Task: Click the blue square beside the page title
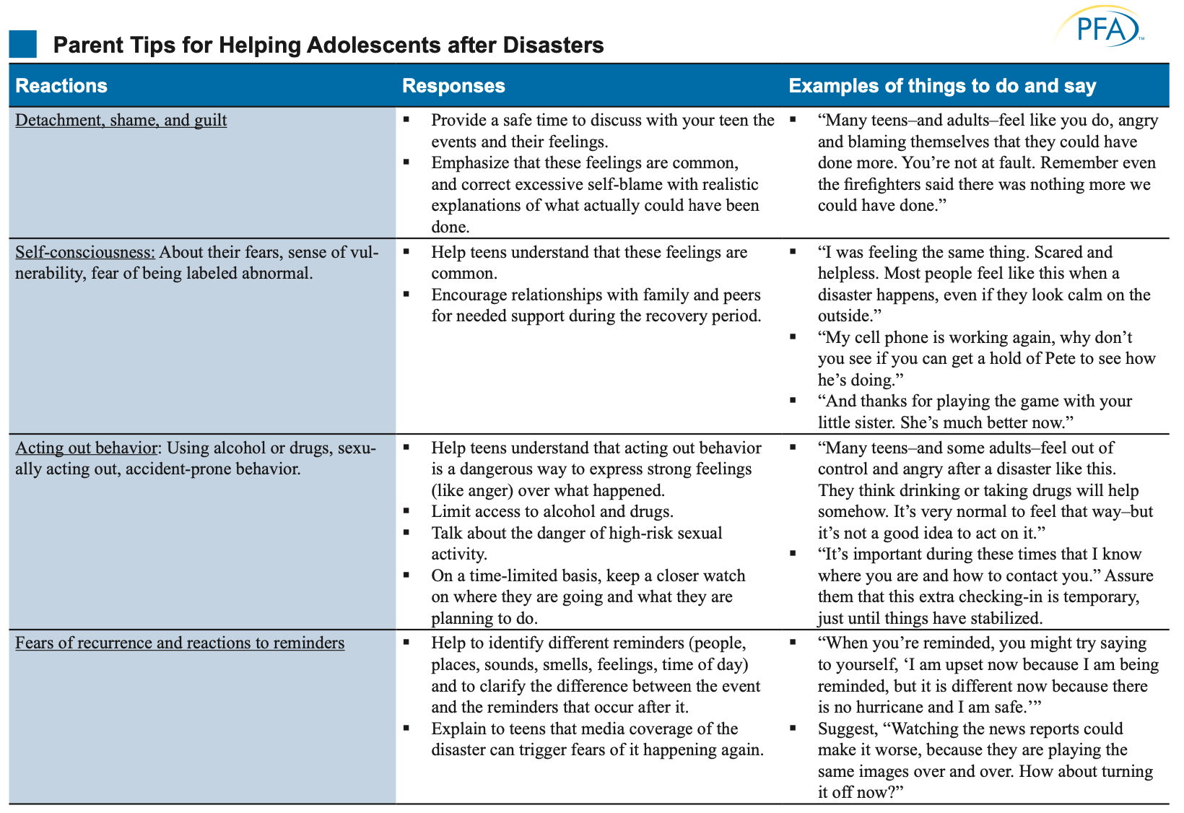coord(22,45)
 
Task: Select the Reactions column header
coord(61,86)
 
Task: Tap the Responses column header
coord(453,86)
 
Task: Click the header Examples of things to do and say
coord(942,86)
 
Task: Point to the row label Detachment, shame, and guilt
coord(121,120)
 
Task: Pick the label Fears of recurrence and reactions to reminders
coord(180,643)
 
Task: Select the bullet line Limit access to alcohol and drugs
coord(552,512)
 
